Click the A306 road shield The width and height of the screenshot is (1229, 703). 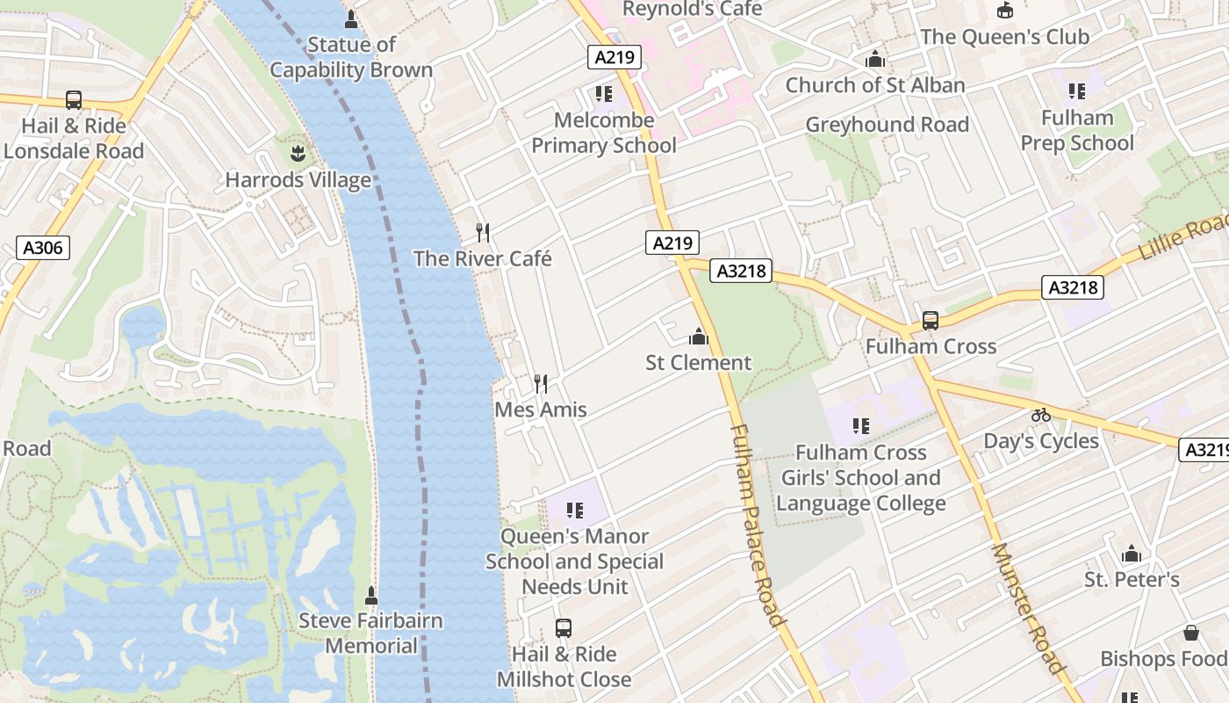(x=42, y=248)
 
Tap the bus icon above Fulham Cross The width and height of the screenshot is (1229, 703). (x=930, y=321)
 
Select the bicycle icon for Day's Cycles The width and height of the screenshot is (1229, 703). (x=1041, y=415)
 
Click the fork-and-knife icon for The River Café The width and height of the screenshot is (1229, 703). (x=482, y=233)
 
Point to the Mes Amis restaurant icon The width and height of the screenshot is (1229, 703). (x=541, y=384)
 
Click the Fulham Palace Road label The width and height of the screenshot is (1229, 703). (x=756, y=525)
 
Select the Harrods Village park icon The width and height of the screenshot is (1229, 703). (x=298, y=155)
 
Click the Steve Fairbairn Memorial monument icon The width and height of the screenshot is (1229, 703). (x=371, y=595)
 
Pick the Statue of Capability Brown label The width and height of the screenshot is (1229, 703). (x=351, y=57)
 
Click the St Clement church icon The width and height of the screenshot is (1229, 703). (x=699, y=337)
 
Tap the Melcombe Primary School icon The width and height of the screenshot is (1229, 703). (x=603, y=93)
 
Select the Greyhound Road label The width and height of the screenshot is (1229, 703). (x=887, y=125)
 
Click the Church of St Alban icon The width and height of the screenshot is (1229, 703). (x=874, y=60)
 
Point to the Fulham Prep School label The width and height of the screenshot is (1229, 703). (x=1077, y=130)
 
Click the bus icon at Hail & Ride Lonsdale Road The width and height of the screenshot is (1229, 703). (x=74, y=100)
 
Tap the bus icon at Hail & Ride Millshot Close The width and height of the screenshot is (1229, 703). (x=564, y=628)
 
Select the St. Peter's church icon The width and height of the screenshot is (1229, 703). (x=1132, y=554)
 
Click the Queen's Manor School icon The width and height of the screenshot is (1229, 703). (x=575, y=511)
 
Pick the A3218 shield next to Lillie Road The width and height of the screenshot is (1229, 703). (x=1073, y=287)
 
